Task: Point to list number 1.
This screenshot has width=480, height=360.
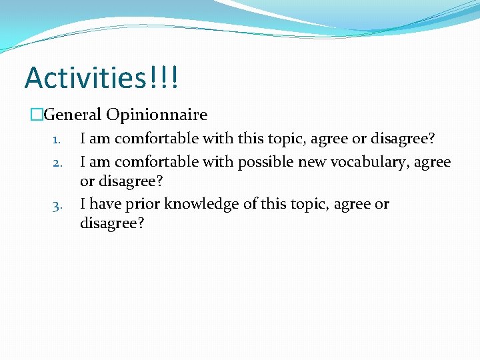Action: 57,140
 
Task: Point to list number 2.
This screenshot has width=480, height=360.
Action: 57,163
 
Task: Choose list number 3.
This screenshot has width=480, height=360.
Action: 57,205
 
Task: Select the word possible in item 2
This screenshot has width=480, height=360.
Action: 267,162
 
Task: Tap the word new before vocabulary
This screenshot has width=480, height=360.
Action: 311,162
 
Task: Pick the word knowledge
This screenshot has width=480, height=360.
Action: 199,204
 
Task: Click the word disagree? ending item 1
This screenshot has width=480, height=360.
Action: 403,139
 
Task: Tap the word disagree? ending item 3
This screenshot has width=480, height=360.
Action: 111,223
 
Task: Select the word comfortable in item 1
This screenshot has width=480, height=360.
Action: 153,139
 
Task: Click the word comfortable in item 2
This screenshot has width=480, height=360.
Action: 153,162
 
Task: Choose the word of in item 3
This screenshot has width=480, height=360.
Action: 250,204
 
